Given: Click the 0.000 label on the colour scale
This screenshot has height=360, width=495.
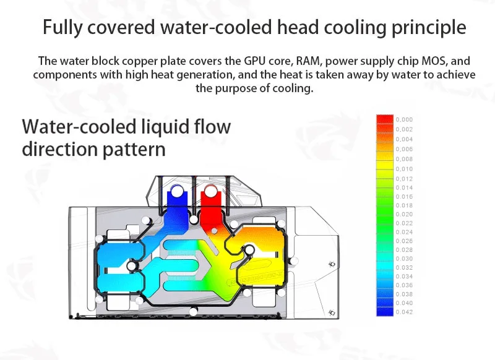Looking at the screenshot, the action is point(403,119).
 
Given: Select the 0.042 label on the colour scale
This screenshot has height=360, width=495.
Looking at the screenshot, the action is point(403,312).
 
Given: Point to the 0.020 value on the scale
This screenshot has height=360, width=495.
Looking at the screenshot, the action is point(403,214).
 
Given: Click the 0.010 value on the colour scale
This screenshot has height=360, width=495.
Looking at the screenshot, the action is point(403,169).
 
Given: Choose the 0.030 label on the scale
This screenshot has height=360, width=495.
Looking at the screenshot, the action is point(403,259).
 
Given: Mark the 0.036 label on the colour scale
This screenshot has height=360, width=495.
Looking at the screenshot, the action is point(403,285).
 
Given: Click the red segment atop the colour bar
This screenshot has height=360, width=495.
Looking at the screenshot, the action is point(385,119).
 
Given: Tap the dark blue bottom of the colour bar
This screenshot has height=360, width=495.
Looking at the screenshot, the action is point(385,312).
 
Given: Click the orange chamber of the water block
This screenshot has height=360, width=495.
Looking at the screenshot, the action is point(260,244).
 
